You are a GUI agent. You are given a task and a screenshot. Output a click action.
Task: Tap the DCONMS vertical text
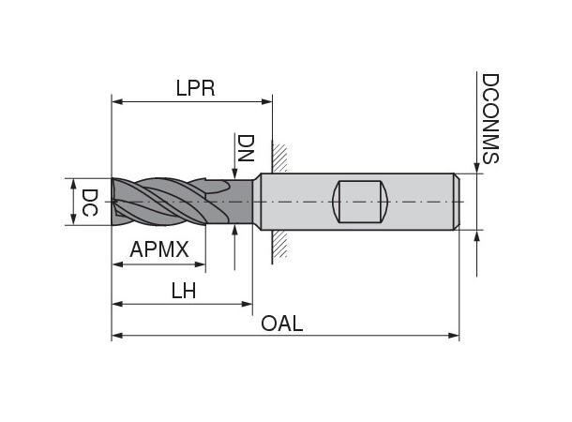pos(489,118)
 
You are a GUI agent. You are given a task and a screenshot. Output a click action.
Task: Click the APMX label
pos(159,250)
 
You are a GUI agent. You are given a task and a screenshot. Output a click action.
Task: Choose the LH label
pos(183,291)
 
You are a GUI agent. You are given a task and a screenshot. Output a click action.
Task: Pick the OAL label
pos(281,324)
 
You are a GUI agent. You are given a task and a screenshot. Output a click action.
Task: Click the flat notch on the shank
pos(361,201)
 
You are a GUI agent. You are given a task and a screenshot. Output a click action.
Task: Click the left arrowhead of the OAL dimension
pos(117,335)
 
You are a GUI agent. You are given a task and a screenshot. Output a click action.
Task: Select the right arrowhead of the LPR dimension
pos(266,98)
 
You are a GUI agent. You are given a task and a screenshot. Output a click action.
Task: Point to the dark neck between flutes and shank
pos(242,202)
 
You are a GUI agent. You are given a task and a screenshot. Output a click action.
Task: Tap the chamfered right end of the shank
pos(456,201)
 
